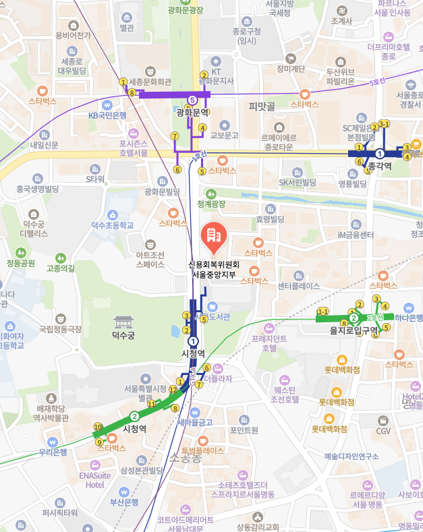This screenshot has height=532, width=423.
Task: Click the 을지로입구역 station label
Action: click(x=355, y=330)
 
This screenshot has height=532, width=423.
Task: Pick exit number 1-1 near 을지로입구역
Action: click(x=322, y=312)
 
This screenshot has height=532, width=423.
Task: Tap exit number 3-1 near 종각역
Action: click(x=385, y=123)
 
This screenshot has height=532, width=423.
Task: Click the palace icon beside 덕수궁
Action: click(x=124, y=322)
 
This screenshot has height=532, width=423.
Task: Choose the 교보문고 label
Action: click(x=225, y=136)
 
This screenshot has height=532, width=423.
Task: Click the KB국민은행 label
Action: click(x=107, y=115)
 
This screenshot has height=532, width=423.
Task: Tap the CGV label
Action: click(x=383, y=431)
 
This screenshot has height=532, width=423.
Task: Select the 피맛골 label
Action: click(x=262, y=106)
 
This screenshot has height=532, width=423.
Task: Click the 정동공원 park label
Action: click(x=20, y=262)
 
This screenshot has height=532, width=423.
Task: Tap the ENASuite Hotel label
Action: click(x=94, y=479)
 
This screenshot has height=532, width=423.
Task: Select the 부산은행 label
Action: click(x=124, y=502)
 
